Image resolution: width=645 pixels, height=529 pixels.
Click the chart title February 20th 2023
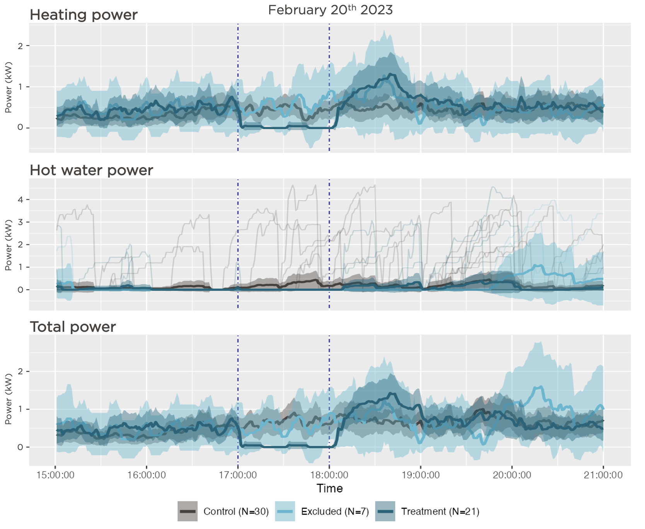[330, 10]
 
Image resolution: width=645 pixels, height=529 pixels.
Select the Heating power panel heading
[84, 15]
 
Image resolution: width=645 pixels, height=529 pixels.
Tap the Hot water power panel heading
[91, 171]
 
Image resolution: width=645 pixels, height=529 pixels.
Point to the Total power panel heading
[73, 327]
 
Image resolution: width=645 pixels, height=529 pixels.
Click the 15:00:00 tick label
[55, 475]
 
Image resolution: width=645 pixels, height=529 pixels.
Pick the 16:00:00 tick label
[147, 475]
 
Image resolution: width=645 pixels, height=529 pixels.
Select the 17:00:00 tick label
[238, 475]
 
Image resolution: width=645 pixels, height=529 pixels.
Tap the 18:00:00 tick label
[329, 475]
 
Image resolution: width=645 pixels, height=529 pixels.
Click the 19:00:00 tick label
[421, 475]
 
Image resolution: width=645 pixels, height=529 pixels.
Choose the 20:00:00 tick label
[512, 475]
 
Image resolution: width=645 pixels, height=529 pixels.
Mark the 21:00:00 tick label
[603, 475]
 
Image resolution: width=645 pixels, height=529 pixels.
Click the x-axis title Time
[329, 489]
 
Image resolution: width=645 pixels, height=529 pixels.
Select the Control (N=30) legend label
[236, 512]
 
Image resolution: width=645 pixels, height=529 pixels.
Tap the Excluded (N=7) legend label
[335, 512]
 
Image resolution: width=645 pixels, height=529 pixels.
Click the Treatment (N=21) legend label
[440, 512]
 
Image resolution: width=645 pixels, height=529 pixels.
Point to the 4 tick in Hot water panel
[21, 200]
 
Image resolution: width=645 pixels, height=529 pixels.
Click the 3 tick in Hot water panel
[21, 222]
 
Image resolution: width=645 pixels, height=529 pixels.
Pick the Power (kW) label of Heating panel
[9, 87]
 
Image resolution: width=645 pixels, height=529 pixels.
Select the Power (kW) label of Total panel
[9, 399]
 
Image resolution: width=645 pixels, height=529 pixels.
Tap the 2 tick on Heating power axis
[21, 46]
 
